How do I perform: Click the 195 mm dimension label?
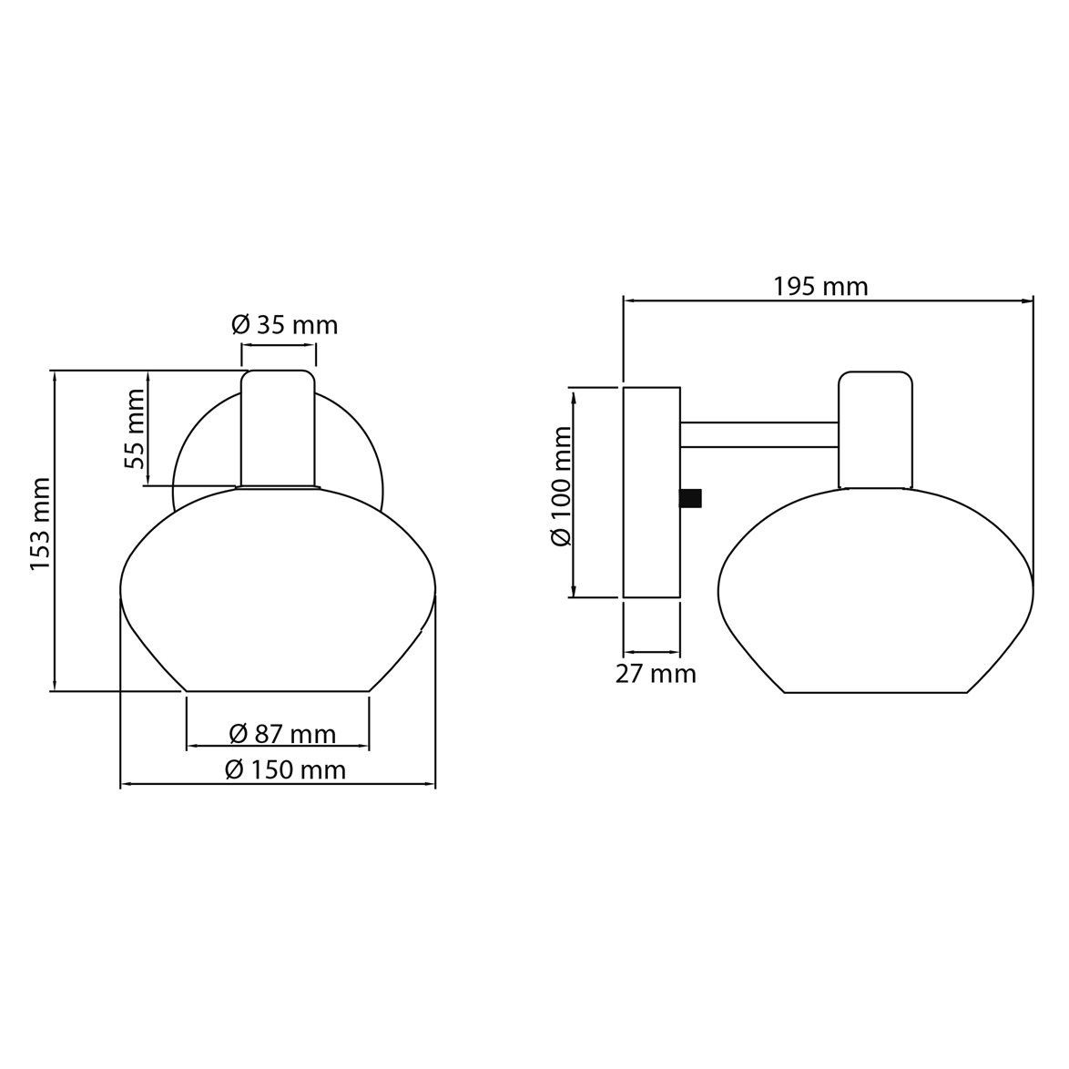(820, 287)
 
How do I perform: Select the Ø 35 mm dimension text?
(284, 325)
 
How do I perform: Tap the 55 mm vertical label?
(136, 428)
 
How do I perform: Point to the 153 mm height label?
(39, 524)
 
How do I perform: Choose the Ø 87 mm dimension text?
(281, 734)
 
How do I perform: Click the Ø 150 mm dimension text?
(285, 770)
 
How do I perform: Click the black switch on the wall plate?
(691, 497)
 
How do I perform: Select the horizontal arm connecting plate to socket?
(759, 434)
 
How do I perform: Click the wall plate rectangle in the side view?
(651, 492)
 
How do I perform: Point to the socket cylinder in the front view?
(278, 428)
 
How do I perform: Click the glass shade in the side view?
(876, 592)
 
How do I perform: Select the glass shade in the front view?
(278, 592)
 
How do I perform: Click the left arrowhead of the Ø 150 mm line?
(127, 783)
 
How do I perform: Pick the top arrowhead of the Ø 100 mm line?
(575, 394)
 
